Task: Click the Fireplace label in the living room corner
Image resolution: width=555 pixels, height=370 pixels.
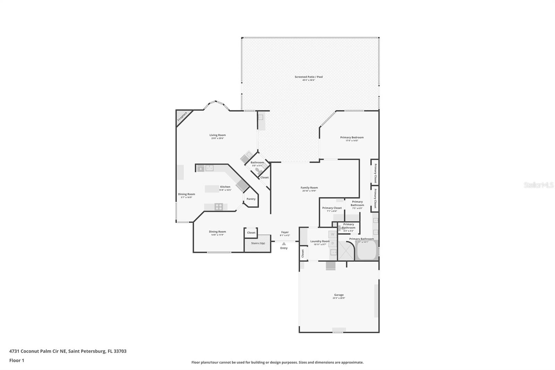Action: pyautogui.click(x=182, y=116)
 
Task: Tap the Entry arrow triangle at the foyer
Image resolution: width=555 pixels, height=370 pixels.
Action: pyautogui.click(x=284, y=244)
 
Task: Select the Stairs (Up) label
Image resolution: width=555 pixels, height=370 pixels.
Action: pyautogui.click(x=258, y=243)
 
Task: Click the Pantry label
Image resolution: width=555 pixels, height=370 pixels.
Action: pyautogui.click(x=251, y=199)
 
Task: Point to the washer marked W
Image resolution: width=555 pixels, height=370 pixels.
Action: pyautogui.click(x=332, y=234)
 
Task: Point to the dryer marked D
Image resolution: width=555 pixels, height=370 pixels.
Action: pyautogui.click(x=332, y=243)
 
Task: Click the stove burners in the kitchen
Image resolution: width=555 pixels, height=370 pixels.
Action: pyautogui.click(x=219, y=207)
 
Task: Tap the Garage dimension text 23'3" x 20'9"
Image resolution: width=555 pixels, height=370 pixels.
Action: pyautogui.click(x=339, y=298)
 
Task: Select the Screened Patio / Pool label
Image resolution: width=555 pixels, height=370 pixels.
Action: pyautogui.click(x=308, y=77)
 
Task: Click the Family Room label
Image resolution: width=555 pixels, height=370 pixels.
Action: pyautogui.click(x=309, y=188)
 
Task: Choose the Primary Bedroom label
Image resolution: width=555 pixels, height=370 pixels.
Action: pyautogui.click(x=352, y=137)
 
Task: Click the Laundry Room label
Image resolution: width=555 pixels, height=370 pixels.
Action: pyautogui.click(x=320, y=241)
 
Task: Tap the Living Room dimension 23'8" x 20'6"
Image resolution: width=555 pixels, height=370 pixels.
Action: pyautogui.click(x=217, y=138)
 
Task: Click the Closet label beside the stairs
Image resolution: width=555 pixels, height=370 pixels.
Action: pyautogui.click(x=251, y=233)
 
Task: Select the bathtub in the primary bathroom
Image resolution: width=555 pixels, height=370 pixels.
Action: pyautogui.click(x=367, y=251)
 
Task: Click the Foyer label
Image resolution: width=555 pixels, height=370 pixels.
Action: pyautogui.click(x=285, y=232)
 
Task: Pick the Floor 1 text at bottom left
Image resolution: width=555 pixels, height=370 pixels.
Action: pyautogui.click(x=17, y=360)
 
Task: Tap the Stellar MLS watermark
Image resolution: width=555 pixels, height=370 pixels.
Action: pyautogui.click(x=538, y=185)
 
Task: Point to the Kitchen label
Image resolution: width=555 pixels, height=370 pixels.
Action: pyautogui.click(x=225, y=187)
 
